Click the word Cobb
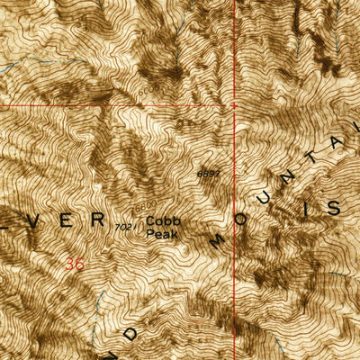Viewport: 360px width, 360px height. point(162,220)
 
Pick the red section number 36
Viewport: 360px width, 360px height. point(76,264)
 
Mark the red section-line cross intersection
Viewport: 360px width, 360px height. point(234,105)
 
